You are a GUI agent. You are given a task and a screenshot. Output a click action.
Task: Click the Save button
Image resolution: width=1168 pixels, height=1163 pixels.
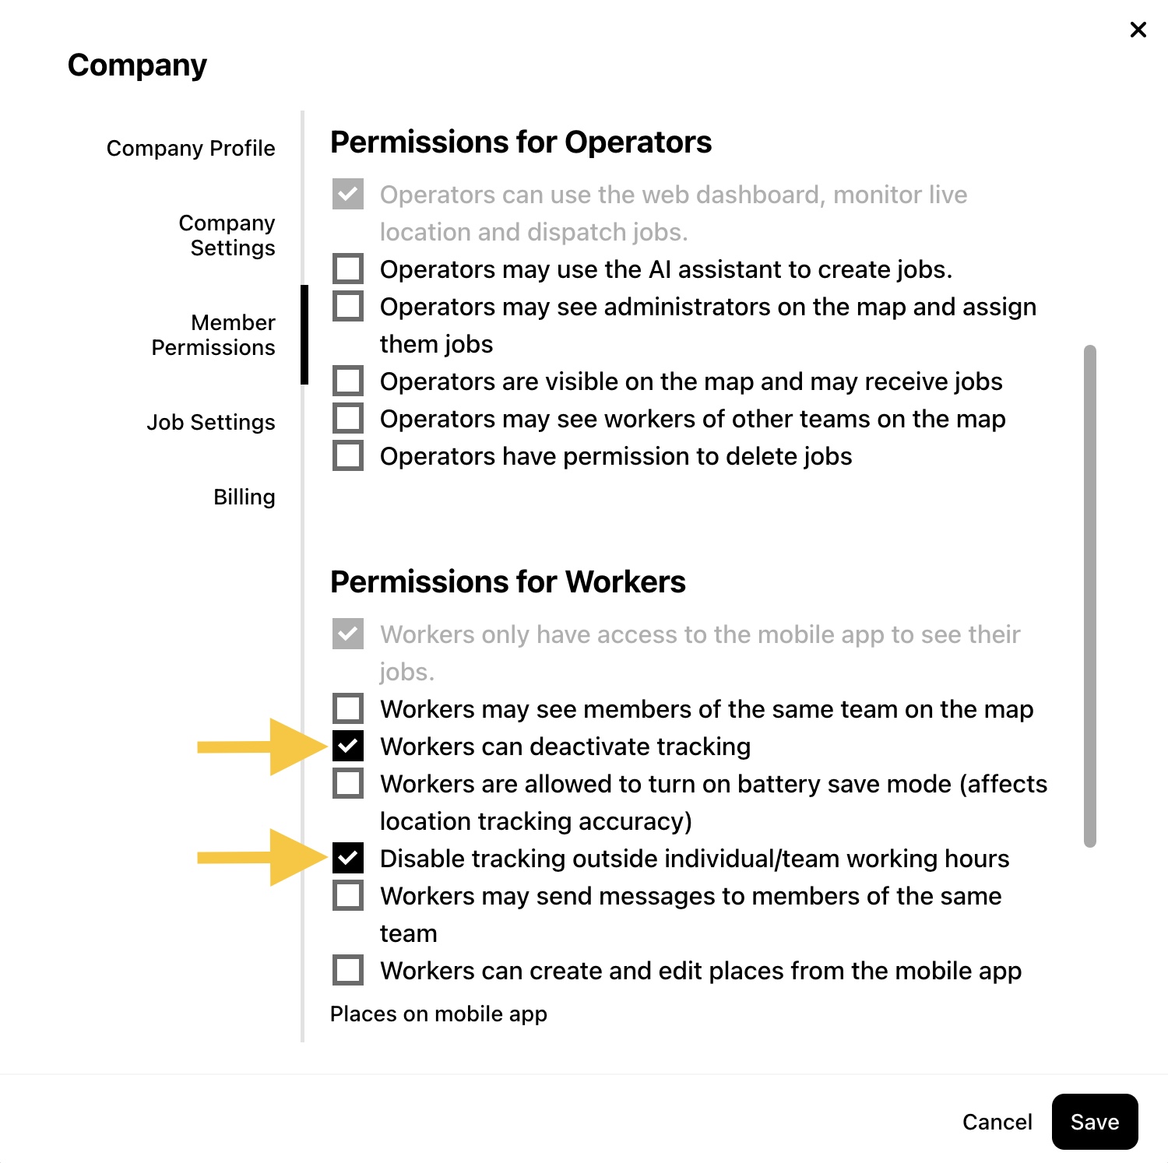pyautogui.click(x=1094, y=1121)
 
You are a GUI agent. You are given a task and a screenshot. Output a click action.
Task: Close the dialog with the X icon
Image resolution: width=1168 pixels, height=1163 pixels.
pyautogui.click(x=1138, y=30)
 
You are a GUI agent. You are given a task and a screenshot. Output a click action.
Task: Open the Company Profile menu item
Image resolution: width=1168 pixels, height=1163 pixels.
pyautogui.click(x=191, y=148)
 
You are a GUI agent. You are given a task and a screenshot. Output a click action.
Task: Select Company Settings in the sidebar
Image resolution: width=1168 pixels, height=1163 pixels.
pyautogui.click(x=227, y=235)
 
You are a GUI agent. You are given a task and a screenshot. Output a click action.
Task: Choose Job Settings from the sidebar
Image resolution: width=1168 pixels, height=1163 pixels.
pyautogui.click(x=211, y=422)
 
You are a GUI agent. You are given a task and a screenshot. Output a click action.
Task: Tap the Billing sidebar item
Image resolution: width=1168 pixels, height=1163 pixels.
pyautogui.click(x=245, y=497)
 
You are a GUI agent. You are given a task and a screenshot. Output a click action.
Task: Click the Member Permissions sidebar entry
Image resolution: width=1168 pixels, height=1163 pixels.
pyautogui.click(x=213, y=335)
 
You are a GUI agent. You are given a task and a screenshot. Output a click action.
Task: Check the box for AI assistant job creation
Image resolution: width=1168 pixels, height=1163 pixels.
pyautogui.click(x=348, y=269)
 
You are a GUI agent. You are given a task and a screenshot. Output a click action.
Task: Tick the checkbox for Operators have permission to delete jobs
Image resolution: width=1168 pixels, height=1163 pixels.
pyautogui.click(x=348, y=455)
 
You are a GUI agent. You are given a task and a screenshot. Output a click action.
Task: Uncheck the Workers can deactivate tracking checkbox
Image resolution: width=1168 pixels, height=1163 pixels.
pyautogui.click(x=348, y=746)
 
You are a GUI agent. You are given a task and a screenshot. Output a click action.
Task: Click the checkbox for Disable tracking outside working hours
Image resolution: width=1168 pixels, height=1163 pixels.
pyautogui.click(x=348, y=858)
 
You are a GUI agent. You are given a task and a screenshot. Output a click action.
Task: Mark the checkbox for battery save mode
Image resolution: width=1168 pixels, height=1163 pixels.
pyautogui.click(x=348, y=783)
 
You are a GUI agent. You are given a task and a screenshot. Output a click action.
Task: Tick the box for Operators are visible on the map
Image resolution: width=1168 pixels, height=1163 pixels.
pyautogui.click(x=348, y=381)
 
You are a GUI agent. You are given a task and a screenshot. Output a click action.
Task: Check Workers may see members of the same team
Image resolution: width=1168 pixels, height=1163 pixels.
pyautogui.click(x=348, y=708)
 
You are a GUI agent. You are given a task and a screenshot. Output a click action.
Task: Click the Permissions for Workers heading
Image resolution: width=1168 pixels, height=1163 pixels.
pyautogui.click(x=508, y=581)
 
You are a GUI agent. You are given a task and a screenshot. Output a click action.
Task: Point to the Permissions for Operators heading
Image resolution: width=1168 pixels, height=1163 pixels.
pyautogui.click(x=521, y=142)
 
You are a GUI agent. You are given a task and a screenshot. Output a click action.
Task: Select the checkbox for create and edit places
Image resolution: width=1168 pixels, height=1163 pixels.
pyautogui.click(x=348, y=970)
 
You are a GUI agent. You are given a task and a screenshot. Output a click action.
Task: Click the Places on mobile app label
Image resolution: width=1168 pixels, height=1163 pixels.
pyautogui.click(x=438, y=1014)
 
